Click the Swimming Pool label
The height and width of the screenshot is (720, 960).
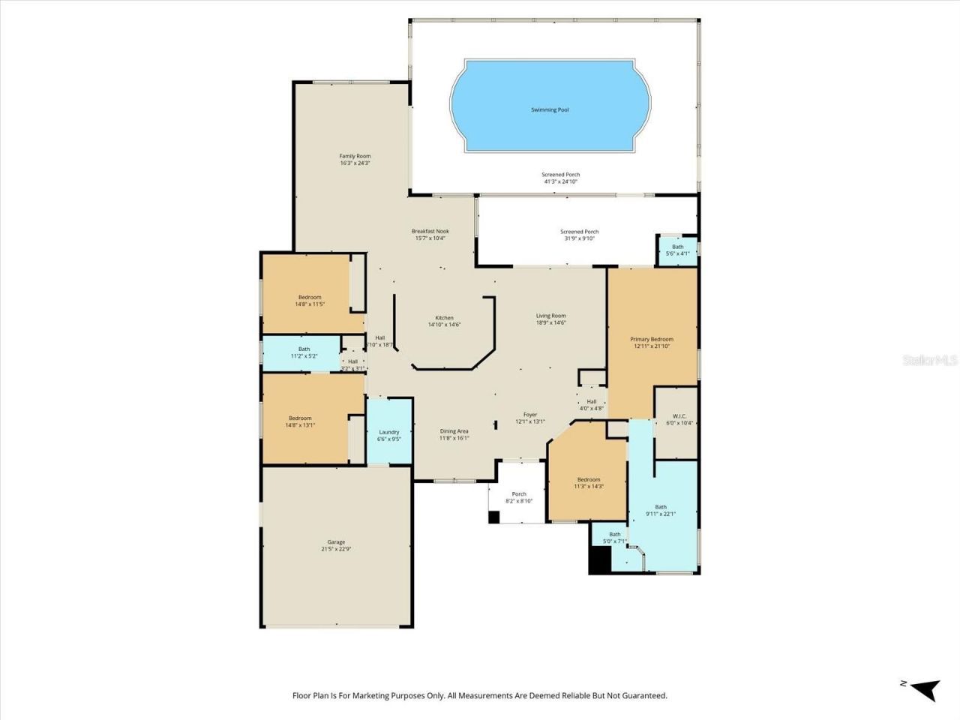pyautogui.click(x=550, y=109)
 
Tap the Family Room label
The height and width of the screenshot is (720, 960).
pyautogui.click(x=355, y=156)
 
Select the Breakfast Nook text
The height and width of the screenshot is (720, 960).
pyautogui.click(x=430, y=231)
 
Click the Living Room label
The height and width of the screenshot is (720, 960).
pyautogui.click(x=550, y=316)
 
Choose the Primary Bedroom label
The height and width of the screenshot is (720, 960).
pyautogui.click(x=651, y=339)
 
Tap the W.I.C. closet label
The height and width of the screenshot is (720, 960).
pyautogui.click(x=679, y=415)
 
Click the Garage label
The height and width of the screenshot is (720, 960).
pyautogui.click(x=336, y=541)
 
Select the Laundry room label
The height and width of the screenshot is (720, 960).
pyautogui.click(x=388, y=432)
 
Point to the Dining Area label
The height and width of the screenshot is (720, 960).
pyautogui.click(x=454, y=431)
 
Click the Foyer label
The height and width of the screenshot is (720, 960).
pyautogui.click(x=530, y=415)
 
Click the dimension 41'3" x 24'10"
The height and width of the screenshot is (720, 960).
pyautogui.click(x=561, y=181)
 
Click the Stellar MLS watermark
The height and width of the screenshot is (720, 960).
pyautogui.click(x=929, y=361)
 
